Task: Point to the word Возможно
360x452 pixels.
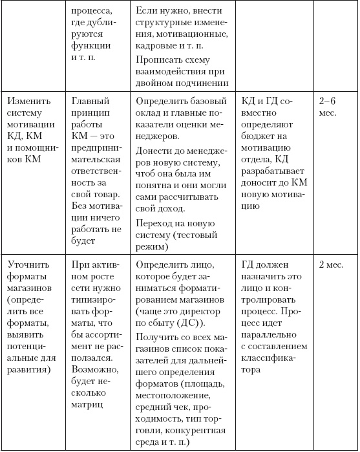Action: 95,369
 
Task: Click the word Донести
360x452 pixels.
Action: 158,152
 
